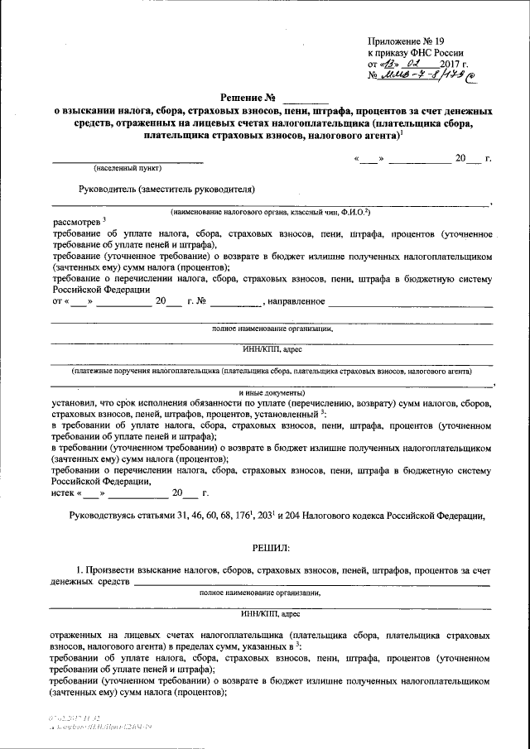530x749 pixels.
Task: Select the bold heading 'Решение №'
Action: (x=253, y=97)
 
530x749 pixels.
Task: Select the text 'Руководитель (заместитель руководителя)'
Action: (x=166, y=188)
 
